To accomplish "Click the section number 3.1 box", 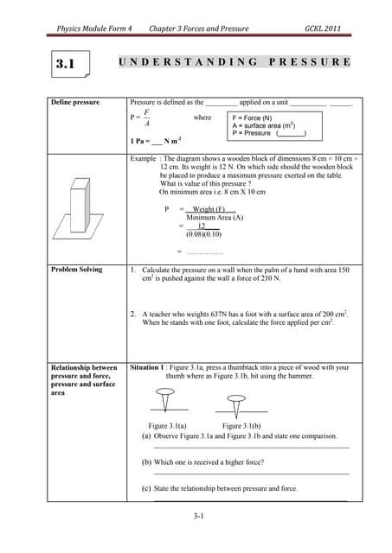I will click(66, 64).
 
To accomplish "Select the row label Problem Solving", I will click(77, 270).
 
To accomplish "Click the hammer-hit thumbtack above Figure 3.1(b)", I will click(235, 403).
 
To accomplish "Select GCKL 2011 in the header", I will click(323, 29).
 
